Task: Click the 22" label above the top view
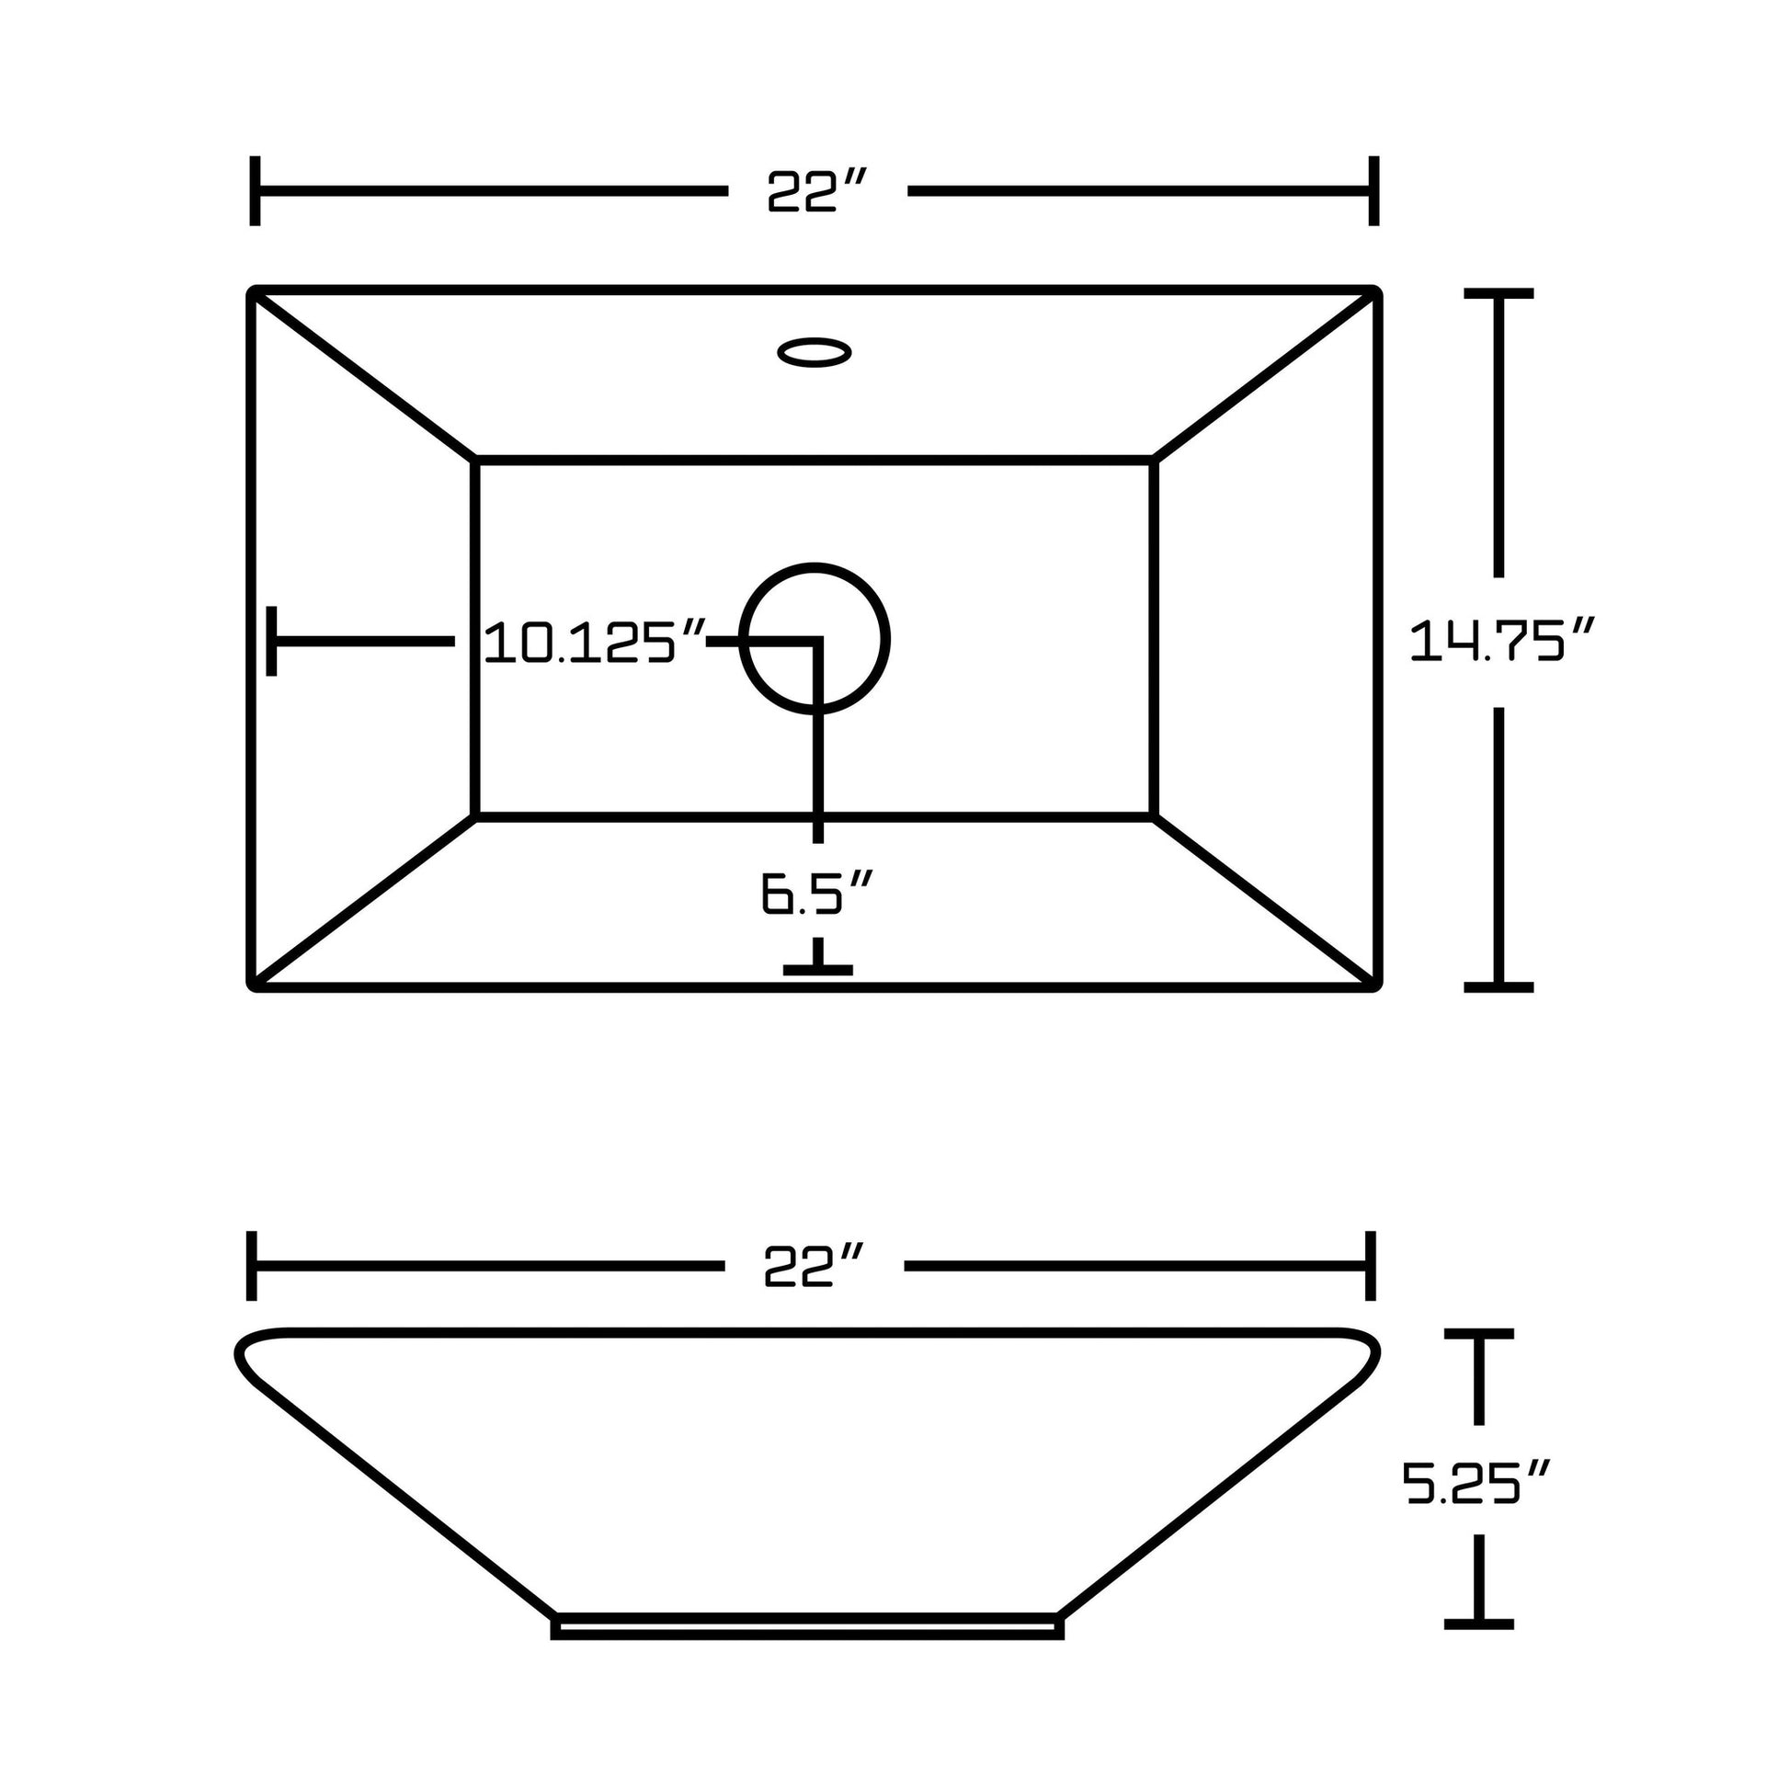click(x=815, y=191)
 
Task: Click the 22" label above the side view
click(x=813, y=1266)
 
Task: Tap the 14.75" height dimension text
click(x=1500, y=641)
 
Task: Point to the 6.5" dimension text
click(x=815, y=894)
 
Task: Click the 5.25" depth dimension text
click(x=1475, y=1482)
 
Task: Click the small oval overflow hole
click(x=814, y=352)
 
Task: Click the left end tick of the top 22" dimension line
click(x=255, y=190)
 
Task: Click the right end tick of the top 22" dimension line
click(x=1374, y=190)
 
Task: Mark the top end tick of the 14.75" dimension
click(x=1498, y=293)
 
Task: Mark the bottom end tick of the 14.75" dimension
click(x=1498, y=987)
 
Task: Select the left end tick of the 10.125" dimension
click(x=271, y=641)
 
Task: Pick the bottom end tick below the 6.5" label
click(x=817, y=970)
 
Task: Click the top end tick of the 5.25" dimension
click(x=1479, y=1333)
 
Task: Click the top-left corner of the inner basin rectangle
click(x=475, y=460)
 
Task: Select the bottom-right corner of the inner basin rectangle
click(x=1154, y=816)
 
